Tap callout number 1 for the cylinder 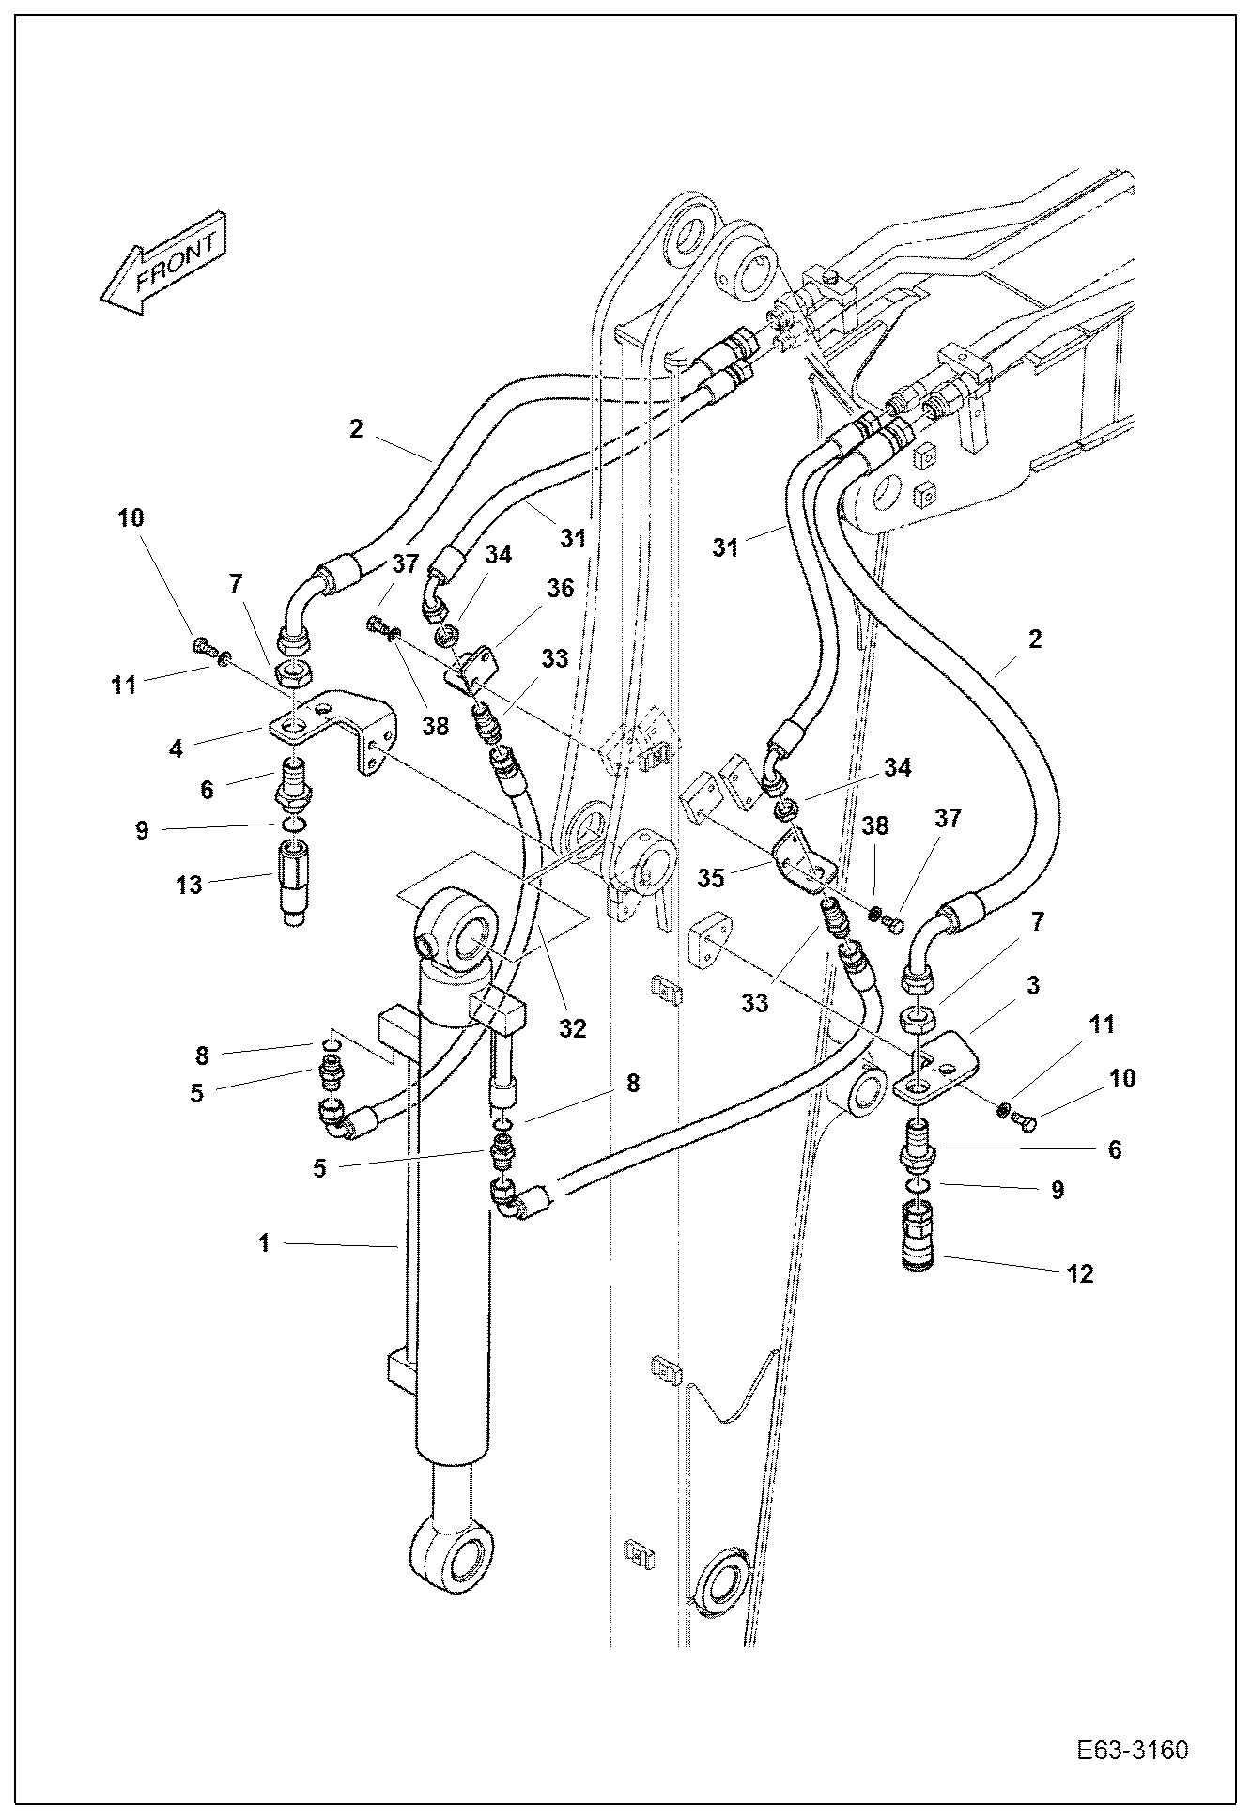pos(265,1243)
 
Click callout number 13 pos(189,884)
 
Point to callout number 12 pos(1080,1273)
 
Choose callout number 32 pos(572,1027)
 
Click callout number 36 pos(561,589)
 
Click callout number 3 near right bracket pos(1032,986)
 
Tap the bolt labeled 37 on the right pos(895,928)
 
